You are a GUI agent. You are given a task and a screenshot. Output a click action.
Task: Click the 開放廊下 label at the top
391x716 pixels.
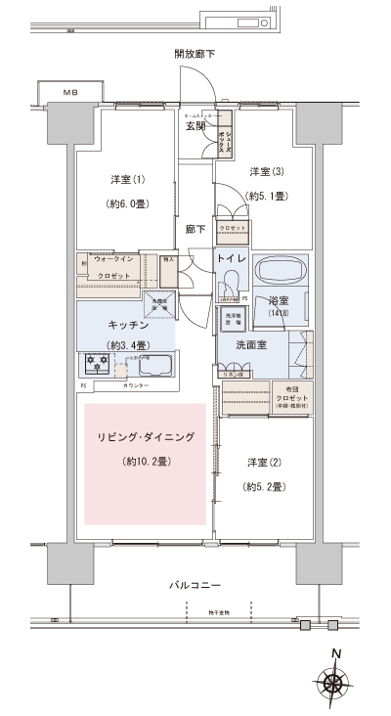point(195,54)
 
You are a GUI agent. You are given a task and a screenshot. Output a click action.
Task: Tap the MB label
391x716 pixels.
point(70,92)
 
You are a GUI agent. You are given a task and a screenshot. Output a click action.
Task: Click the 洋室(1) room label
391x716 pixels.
point(127,179)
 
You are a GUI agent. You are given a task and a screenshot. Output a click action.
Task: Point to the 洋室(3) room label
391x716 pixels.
point(266,171)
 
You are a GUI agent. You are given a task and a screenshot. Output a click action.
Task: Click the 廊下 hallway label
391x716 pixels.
point(195,230)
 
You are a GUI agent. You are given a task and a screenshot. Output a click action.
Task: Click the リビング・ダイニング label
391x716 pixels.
point(146,436)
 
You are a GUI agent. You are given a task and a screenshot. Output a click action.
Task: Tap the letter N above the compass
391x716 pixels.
point(335,656)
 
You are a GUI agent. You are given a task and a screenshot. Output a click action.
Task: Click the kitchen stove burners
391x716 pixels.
point(98,365)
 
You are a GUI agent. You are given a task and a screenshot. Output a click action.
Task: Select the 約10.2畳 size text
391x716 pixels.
point(145,461)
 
